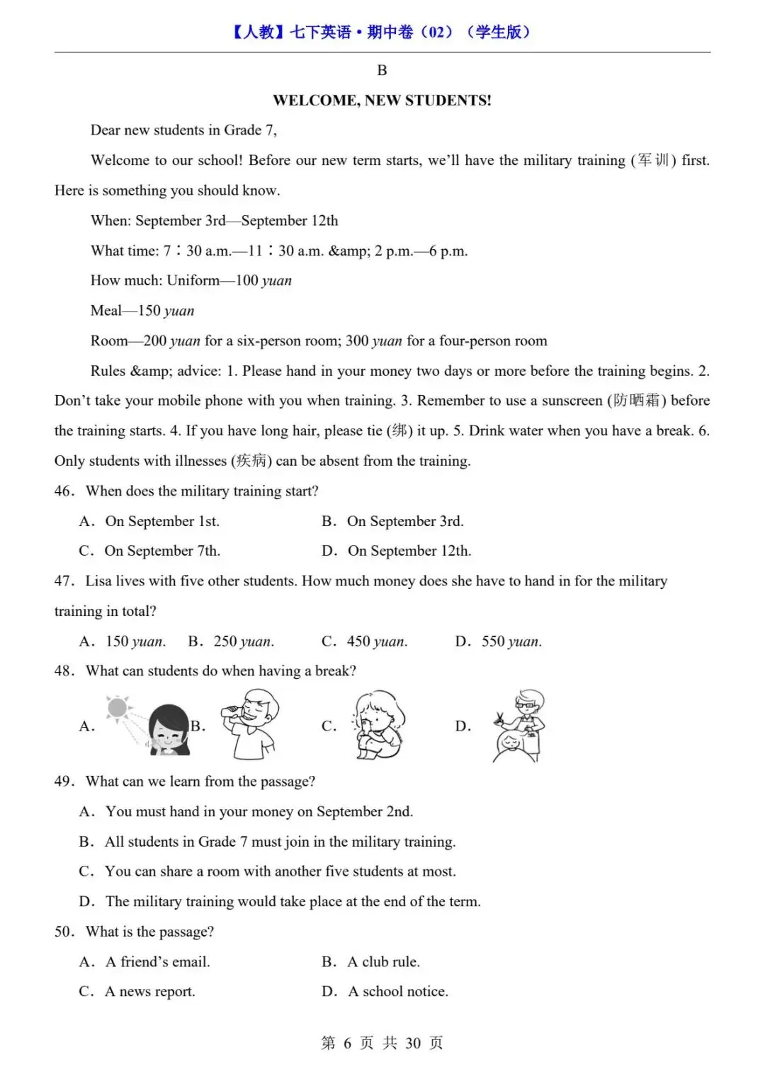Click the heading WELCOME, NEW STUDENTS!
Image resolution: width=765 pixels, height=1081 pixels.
coord(382,101)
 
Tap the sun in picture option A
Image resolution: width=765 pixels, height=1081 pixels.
coord(118,707)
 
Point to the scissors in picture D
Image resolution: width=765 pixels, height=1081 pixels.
coord(501,721)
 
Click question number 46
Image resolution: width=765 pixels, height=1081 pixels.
coord(64,491)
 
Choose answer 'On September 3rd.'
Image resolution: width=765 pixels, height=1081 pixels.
coord(404,522)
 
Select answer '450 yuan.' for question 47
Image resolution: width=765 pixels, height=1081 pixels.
coord(377,641)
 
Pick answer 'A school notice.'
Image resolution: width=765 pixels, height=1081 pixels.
coord(397,992)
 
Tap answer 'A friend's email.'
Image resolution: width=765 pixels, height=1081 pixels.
coord(157,962)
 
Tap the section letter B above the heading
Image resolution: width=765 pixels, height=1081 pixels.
coord(382,70)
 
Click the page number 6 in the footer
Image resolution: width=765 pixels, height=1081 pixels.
coord(347,1043)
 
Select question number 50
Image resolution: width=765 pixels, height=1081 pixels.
coord(64,932)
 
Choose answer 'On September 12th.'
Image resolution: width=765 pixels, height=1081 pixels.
coord(409,551)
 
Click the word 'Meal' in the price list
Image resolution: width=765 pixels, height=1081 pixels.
coord(106,311)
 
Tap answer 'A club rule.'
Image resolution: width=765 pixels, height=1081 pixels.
coord(383,962)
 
